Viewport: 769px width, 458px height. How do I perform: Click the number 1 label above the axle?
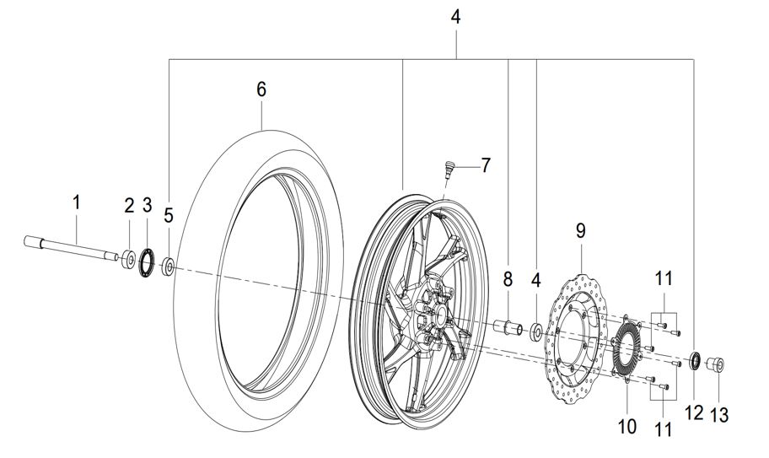point(76,203)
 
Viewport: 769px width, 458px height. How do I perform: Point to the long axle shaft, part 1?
point(71,248)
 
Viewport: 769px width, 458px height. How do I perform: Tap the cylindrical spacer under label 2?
point(129,259)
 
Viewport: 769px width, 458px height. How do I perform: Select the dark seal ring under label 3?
point(147,263)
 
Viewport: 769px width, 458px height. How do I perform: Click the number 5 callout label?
point(169,215)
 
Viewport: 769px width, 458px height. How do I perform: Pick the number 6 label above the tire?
point(261,89)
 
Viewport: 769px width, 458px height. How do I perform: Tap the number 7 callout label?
point(486,166)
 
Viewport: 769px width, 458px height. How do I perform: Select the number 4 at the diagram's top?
point(455,18)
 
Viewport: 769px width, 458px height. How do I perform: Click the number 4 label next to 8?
point(536,281)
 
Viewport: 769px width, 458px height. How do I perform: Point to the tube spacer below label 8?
point(507,327)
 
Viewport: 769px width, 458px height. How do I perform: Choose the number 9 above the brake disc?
point(581,230)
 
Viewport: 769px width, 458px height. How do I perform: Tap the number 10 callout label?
point(627,426)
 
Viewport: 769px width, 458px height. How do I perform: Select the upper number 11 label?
point(664,279)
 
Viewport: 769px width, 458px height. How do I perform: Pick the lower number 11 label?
point(663,429)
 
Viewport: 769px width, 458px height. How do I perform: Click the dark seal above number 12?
point(696,361)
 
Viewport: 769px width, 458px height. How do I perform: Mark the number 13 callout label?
point(719,415)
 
